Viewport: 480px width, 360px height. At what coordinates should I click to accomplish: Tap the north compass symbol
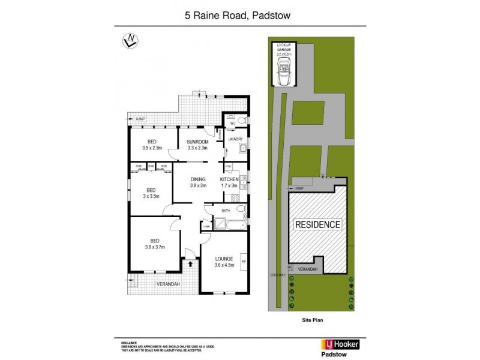click(129, 41)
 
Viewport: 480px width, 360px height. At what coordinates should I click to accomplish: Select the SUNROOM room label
click(197, 145)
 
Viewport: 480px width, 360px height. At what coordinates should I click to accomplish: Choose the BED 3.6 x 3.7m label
click(154, 243)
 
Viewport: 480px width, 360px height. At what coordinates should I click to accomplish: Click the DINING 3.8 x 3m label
click(198, 182)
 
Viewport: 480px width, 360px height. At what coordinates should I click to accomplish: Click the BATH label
click(226, 211)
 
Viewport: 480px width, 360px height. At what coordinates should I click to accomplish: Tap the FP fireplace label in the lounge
click(242, 262)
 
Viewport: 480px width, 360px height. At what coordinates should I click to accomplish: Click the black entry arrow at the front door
click(190, 263)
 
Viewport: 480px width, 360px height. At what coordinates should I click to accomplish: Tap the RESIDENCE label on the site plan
click(317, 225)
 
